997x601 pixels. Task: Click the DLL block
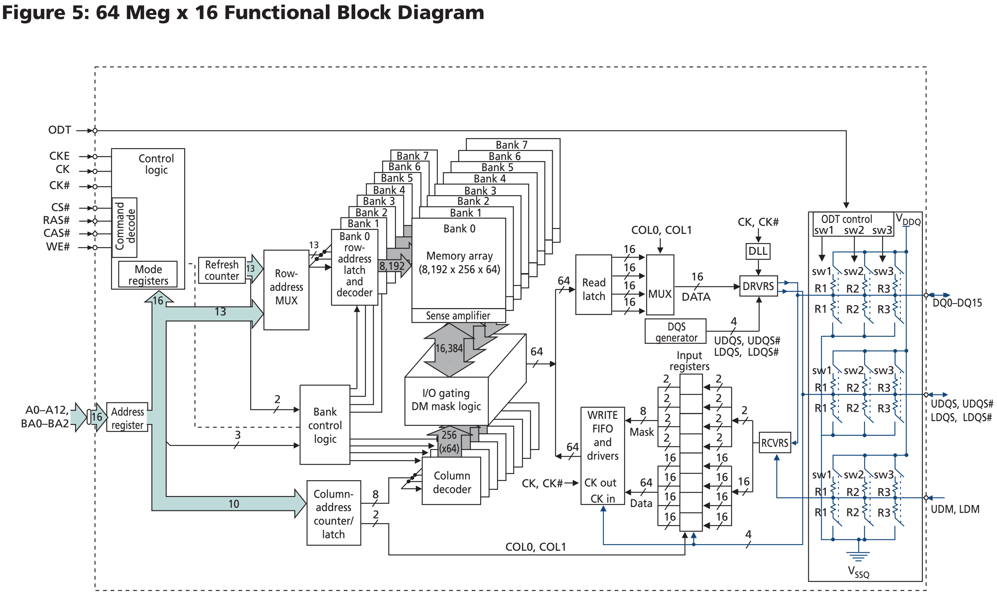click(758, 251)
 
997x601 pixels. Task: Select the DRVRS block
click(758, 286)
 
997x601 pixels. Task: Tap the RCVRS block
click(774, 442)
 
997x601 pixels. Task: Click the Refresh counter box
click(222, 270)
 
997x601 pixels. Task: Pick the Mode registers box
click(148, 275)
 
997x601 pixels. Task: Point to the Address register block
click(127, 418)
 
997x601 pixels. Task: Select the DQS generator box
click(675, 332)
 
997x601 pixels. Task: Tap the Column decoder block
click(451, 482)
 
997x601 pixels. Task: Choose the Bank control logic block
click(324, 425)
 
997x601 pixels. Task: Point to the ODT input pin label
click(60, 130)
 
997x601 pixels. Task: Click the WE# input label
click(58, 247)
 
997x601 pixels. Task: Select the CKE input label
click(59, 156)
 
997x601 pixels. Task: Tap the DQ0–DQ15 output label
click(957, 303)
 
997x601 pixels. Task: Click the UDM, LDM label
click(955, 509)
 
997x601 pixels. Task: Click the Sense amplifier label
click(458, 316)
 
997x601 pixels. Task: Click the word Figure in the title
click(33, 12)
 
